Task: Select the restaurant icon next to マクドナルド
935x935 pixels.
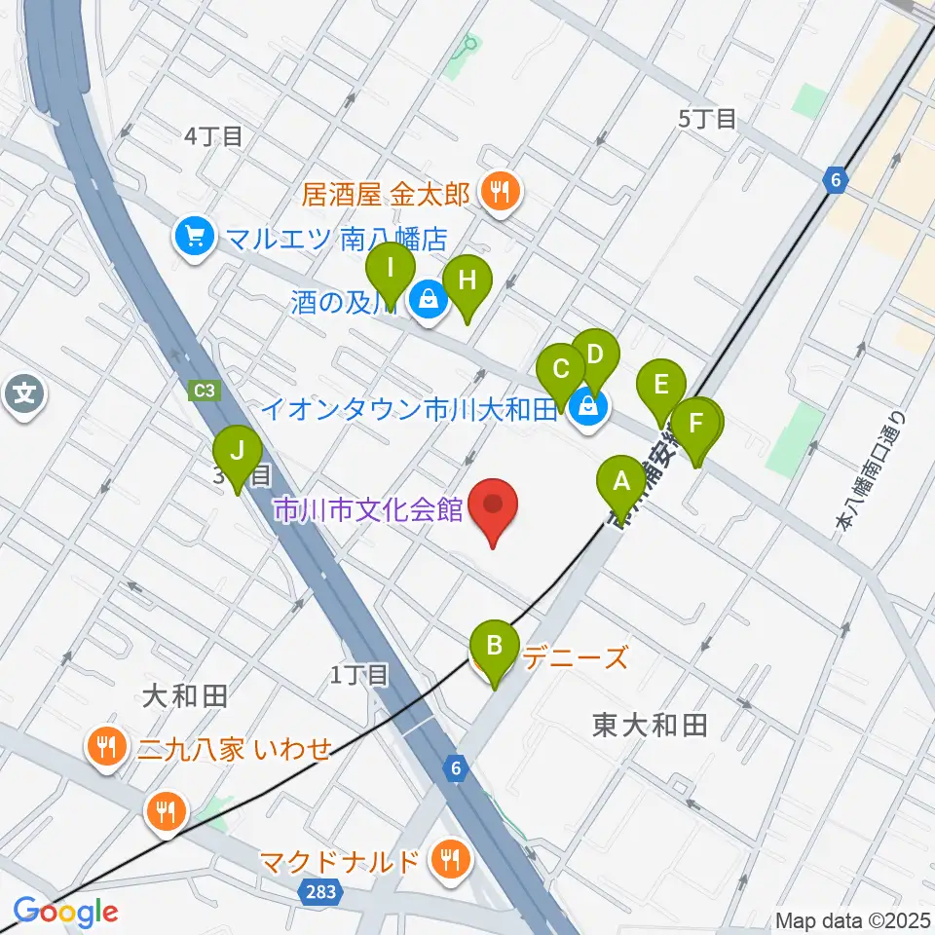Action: click(x=449, y=859)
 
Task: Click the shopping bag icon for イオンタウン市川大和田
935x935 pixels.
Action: click(x=586, y=408)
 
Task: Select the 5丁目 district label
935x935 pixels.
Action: click(x=708, y=119)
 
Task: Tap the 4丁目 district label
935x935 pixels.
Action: click(x=213, y=136)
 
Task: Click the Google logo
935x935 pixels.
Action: click(x=65, y=912)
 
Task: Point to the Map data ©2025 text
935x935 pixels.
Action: click(x=852, y=920)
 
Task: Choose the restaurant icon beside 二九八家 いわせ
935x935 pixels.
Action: click(x=105, y=748)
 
